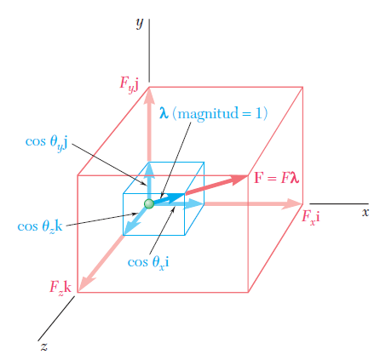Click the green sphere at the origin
pyautogui.click(x=149, y=203)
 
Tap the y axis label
pyautogui.click(x=140, y=24)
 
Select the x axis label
pyautogui.click(x=366, y=212)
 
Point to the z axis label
pyautogui.click(x=43, y=346)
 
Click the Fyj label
pyautogui.click(x=130, y=84)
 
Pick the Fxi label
pyautogui.click(x=311, y=217)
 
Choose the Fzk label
pyautogui.click(x=60, y=287)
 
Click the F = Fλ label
pyautogui.click(x=276, y=178)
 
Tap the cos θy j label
pyautogui.click(x=46, y=142)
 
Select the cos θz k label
pyautogui.click(x=40, y=227)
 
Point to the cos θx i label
pyautogui.click(x=148, y=262)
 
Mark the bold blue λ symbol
pyautogui.click(x=164, y=113)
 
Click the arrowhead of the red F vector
pyautogui.click(x=241, y=180)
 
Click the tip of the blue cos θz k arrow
pyautogui.click(x=124, y=235)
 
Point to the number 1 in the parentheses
pyautogui.click(x=258, y=113)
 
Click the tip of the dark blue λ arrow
pyautogui.click(x=185, y=194)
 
